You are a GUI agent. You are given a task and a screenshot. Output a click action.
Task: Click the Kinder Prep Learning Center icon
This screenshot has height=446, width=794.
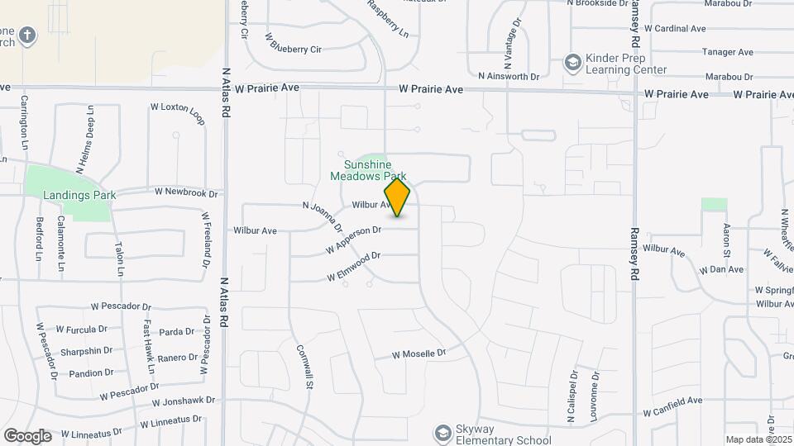(x=572, y=62)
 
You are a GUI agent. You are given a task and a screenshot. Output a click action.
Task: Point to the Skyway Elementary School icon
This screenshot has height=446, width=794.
(x=443, y=434)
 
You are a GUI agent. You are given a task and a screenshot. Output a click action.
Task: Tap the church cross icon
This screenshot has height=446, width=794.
(x=27, y=35)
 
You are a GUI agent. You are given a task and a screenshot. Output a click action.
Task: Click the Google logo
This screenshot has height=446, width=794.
(x=27, y=435)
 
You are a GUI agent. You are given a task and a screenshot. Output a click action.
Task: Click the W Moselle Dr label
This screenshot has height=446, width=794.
(x=419, y=353)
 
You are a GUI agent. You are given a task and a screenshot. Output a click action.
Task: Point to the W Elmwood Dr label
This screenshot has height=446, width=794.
(x=353, y=266)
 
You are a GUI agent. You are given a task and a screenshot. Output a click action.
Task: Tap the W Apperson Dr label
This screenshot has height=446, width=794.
(x=353, y=240)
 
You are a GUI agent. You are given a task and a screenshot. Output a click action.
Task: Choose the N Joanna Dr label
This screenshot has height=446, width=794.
(x=323, y=216)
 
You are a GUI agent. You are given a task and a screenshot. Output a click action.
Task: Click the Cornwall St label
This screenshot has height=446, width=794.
(x=304, y=367)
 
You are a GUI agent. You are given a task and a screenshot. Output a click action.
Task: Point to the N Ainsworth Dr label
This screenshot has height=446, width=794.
(x=509, y=76)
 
